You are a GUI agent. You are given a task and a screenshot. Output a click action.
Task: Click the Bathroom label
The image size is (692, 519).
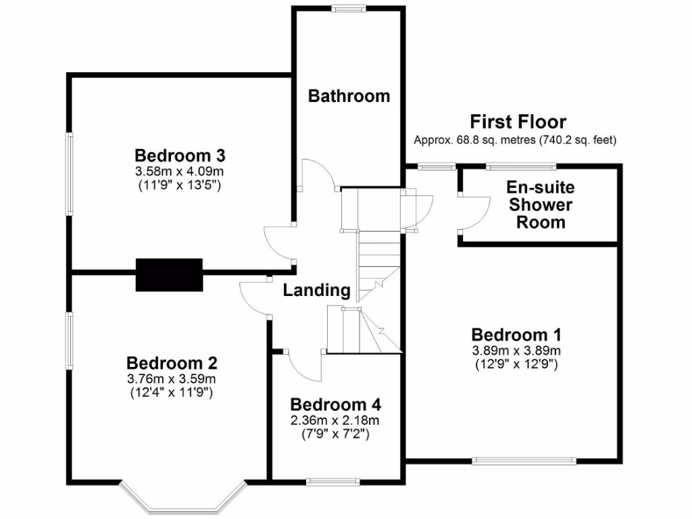pyautogui.click(x=349, y=96)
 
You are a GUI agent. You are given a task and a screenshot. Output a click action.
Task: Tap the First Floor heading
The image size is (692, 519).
pyautogui.click(x=518, y=122)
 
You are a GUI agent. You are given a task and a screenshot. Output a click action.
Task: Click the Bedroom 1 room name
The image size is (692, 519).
pyautogui.click(x=517, y=335)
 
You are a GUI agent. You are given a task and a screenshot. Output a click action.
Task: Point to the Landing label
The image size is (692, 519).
pyautogui.click(x=316, y=291)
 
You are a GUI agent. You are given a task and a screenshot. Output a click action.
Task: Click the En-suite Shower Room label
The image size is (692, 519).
pyautogui.click(x=540, y=204)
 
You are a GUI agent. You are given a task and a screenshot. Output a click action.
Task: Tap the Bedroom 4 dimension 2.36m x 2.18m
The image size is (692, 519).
pyautogui.click(x=335, y=420)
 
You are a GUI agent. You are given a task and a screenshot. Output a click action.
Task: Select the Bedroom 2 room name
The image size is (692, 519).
pyautogui.click(x=172, y=364)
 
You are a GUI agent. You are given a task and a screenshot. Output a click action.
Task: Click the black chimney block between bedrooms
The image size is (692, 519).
pyautogui.click(x=169, y=274)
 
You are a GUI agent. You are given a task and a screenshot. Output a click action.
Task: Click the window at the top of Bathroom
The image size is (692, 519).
pyautogui.click(x=349, y=9)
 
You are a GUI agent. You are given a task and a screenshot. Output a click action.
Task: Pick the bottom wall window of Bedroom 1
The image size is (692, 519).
pyautogui.click(x=524, y=462)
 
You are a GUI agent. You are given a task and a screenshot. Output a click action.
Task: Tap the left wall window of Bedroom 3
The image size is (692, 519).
pyautogui.click(x=69, y=174)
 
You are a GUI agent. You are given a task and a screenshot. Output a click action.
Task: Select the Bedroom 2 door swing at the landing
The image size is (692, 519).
pyautogui.click(x=253, y=297)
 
